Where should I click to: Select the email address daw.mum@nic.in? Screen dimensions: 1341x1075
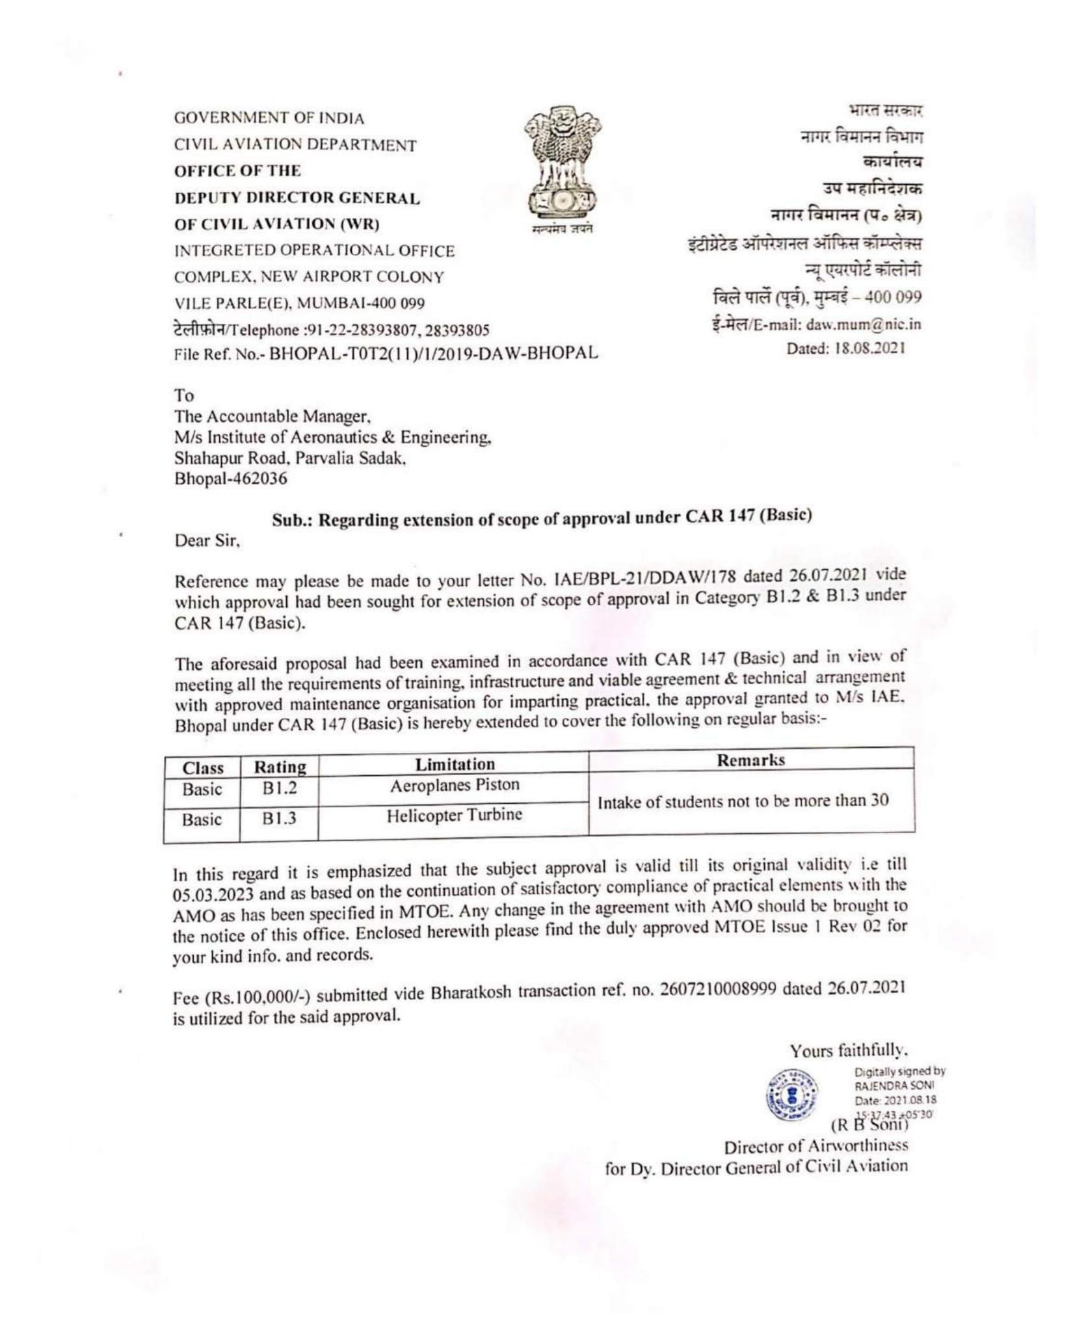click(x=863, y=325)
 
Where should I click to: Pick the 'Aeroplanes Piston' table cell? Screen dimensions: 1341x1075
click(x=454, y=786)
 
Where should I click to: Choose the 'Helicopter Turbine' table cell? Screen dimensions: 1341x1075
click(x=454, y=816)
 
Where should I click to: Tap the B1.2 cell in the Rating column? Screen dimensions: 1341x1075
click(x=279, y=789)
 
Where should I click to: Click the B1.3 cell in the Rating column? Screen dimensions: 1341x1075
click(x=279, y=818)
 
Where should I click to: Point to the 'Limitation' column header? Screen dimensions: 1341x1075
click(x=455, y=764)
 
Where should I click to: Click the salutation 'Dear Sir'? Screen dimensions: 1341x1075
click(x=207, y=540)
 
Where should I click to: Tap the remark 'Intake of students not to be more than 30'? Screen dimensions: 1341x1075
click(x=743, y=801)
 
